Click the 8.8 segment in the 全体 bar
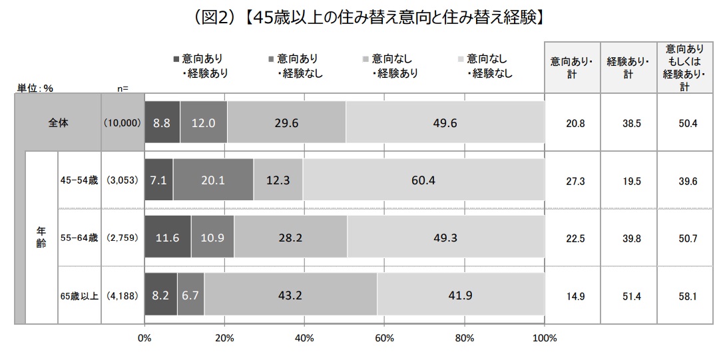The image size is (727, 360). (162, 123)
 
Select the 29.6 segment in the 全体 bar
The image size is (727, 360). (286, 123)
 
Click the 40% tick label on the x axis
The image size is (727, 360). (304, 338)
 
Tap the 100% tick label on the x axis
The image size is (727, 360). (545, 338)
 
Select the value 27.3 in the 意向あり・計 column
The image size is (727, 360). (572, 181)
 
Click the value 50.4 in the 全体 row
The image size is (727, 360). (684, 123)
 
